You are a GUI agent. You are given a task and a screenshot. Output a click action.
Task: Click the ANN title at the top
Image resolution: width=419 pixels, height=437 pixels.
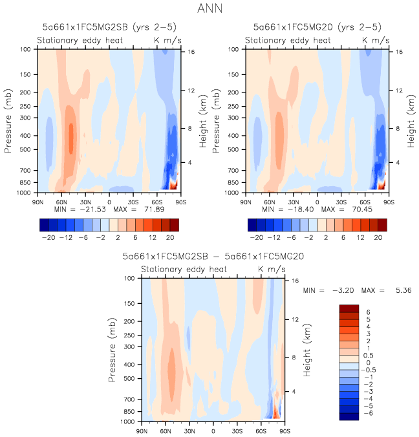pos(209,10)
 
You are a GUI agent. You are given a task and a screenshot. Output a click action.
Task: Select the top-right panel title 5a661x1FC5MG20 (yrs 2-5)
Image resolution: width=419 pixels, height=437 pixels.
pos(317,27)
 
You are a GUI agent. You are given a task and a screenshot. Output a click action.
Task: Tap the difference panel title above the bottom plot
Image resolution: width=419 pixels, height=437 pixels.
pos(213,256)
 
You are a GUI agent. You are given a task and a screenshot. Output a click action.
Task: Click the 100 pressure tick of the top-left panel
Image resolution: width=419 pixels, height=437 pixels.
pos(28,49)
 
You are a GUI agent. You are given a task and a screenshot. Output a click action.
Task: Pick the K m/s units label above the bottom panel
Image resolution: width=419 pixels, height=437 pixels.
pos(272,269)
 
